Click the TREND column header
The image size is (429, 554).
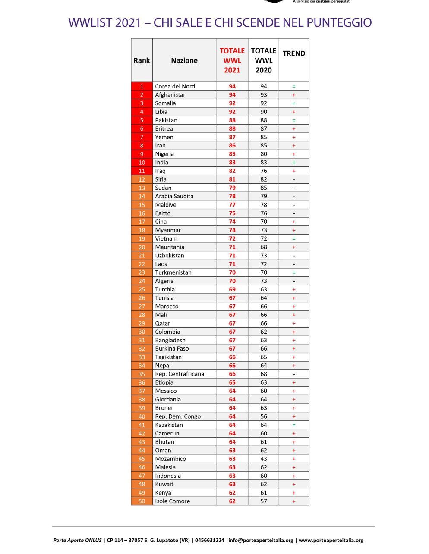pos(294,53)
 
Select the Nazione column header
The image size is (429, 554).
pos(184,60)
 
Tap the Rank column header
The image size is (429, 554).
pos(142,60)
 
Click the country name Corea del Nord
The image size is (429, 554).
pos(175,86)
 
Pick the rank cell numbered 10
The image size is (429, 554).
pos(142,163)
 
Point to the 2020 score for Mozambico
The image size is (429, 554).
pos(264,459)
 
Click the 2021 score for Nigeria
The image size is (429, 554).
pos(232,154)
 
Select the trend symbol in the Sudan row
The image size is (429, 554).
pos(294,188)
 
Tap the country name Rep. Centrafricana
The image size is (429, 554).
pos(180,374)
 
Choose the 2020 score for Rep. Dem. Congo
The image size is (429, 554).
pos(264,416)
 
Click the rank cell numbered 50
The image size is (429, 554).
pos(142,501)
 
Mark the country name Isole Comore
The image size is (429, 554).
pos(172,501)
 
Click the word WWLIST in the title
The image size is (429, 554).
pos(90,22)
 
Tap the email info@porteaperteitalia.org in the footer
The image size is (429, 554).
pos(261,540)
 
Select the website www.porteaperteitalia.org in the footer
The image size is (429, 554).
pos(331,540)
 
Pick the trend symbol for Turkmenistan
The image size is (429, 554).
pos(294,272)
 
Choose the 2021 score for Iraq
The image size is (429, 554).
pos(232,171)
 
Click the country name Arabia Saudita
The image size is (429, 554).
pos(174,196)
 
